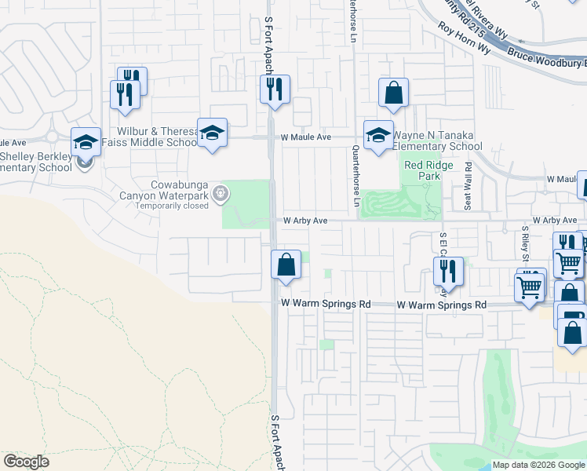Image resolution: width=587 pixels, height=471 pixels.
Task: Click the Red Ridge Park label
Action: click(423, 170)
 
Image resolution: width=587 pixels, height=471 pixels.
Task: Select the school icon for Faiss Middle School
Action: click(212, 133)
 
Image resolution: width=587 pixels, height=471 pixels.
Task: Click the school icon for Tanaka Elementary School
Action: click(377, 134)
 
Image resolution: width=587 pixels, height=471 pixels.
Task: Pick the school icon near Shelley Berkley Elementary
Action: click(86, 142)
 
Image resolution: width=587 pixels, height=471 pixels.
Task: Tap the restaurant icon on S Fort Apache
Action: click(275, 89)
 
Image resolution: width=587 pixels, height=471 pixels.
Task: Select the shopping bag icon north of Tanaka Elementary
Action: click(393, 93)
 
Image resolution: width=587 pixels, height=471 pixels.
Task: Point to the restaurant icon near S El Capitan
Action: click(448, 272)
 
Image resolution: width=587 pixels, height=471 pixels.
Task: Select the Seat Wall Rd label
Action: click(469, 185)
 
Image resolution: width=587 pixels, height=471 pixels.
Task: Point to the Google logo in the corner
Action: click(27, 462)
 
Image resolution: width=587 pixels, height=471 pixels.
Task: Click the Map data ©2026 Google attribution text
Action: click(538, 465)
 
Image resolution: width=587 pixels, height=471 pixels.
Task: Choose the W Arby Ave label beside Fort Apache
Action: click(305, 221)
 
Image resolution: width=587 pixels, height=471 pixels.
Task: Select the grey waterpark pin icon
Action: click(222, 192)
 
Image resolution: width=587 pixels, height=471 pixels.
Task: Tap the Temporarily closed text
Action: click(172, 206)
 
